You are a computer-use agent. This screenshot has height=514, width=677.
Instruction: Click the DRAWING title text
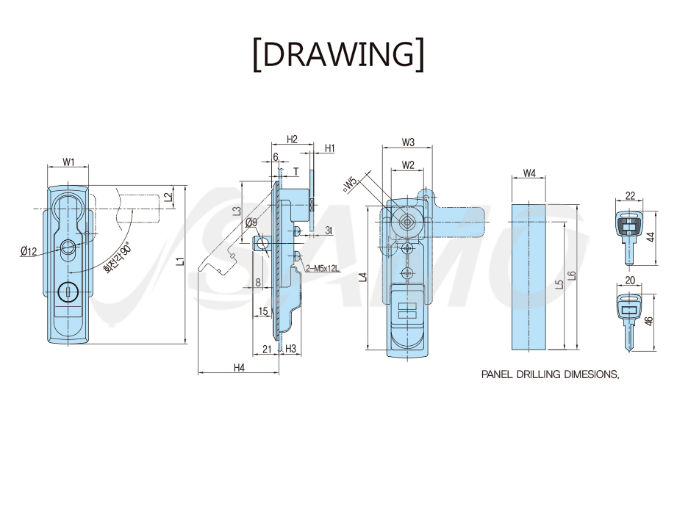tap(338, 54)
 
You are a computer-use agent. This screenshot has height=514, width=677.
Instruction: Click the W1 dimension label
tap(68, 162)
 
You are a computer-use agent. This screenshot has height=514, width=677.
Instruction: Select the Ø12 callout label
tap(29, 251)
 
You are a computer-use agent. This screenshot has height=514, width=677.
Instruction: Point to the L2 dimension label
tap(169, 197)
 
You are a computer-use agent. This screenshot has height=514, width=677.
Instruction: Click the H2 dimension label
tap(293, 139)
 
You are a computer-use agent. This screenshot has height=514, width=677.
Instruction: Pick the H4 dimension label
tap(239, 367)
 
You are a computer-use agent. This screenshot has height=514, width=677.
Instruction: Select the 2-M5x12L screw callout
tap(323, 269)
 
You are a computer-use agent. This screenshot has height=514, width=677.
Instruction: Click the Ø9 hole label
tap(251, 222)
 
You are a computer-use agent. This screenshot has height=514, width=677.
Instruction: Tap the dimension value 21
tap(267, 349)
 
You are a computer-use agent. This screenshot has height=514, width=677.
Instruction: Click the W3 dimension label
tap(408, 142)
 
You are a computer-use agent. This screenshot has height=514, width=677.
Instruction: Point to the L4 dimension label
tap(364, 277)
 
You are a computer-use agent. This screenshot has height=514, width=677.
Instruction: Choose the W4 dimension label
tap(529, 173)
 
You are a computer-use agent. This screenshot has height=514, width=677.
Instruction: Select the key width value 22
tap(630, 196)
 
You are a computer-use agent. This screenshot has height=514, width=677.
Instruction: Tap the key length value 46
tap(649, 320)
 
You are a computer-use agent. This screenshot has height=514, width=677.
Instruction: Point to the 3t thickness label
tap(329, 231)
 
